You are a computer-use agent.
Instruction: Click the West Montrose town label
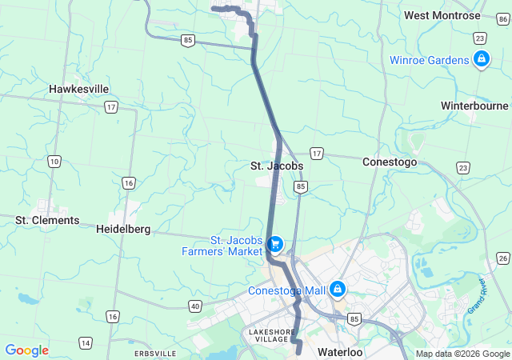(442, 15)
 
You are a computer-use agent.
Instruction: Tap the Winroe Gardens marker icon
(481, 59)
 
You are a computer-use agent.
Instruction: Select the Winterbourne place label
(474, 106)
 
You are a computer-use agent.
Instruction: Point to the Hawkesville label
(79, 89)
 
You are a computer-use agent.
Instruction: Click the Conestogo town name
(390, 161)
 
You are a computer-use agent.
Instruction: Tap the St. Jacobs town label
(277, 166)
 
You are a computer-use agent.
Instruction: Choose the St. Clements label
(48, 220)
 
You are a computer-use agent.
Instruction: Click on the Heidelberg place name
(123, 229)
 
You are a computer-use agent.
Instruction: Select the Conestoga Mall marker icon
(338, 288)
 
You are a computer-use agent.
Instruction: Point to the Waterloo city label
(340, 352)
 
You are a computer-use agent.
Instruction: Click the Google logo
(26, 350)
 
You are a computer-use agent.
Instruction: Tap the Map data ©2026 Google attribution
(462, 354)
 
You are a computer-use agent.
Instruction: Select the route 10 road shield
(54, 162)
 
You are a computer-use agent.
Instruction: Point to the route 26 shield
(502, 257)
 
